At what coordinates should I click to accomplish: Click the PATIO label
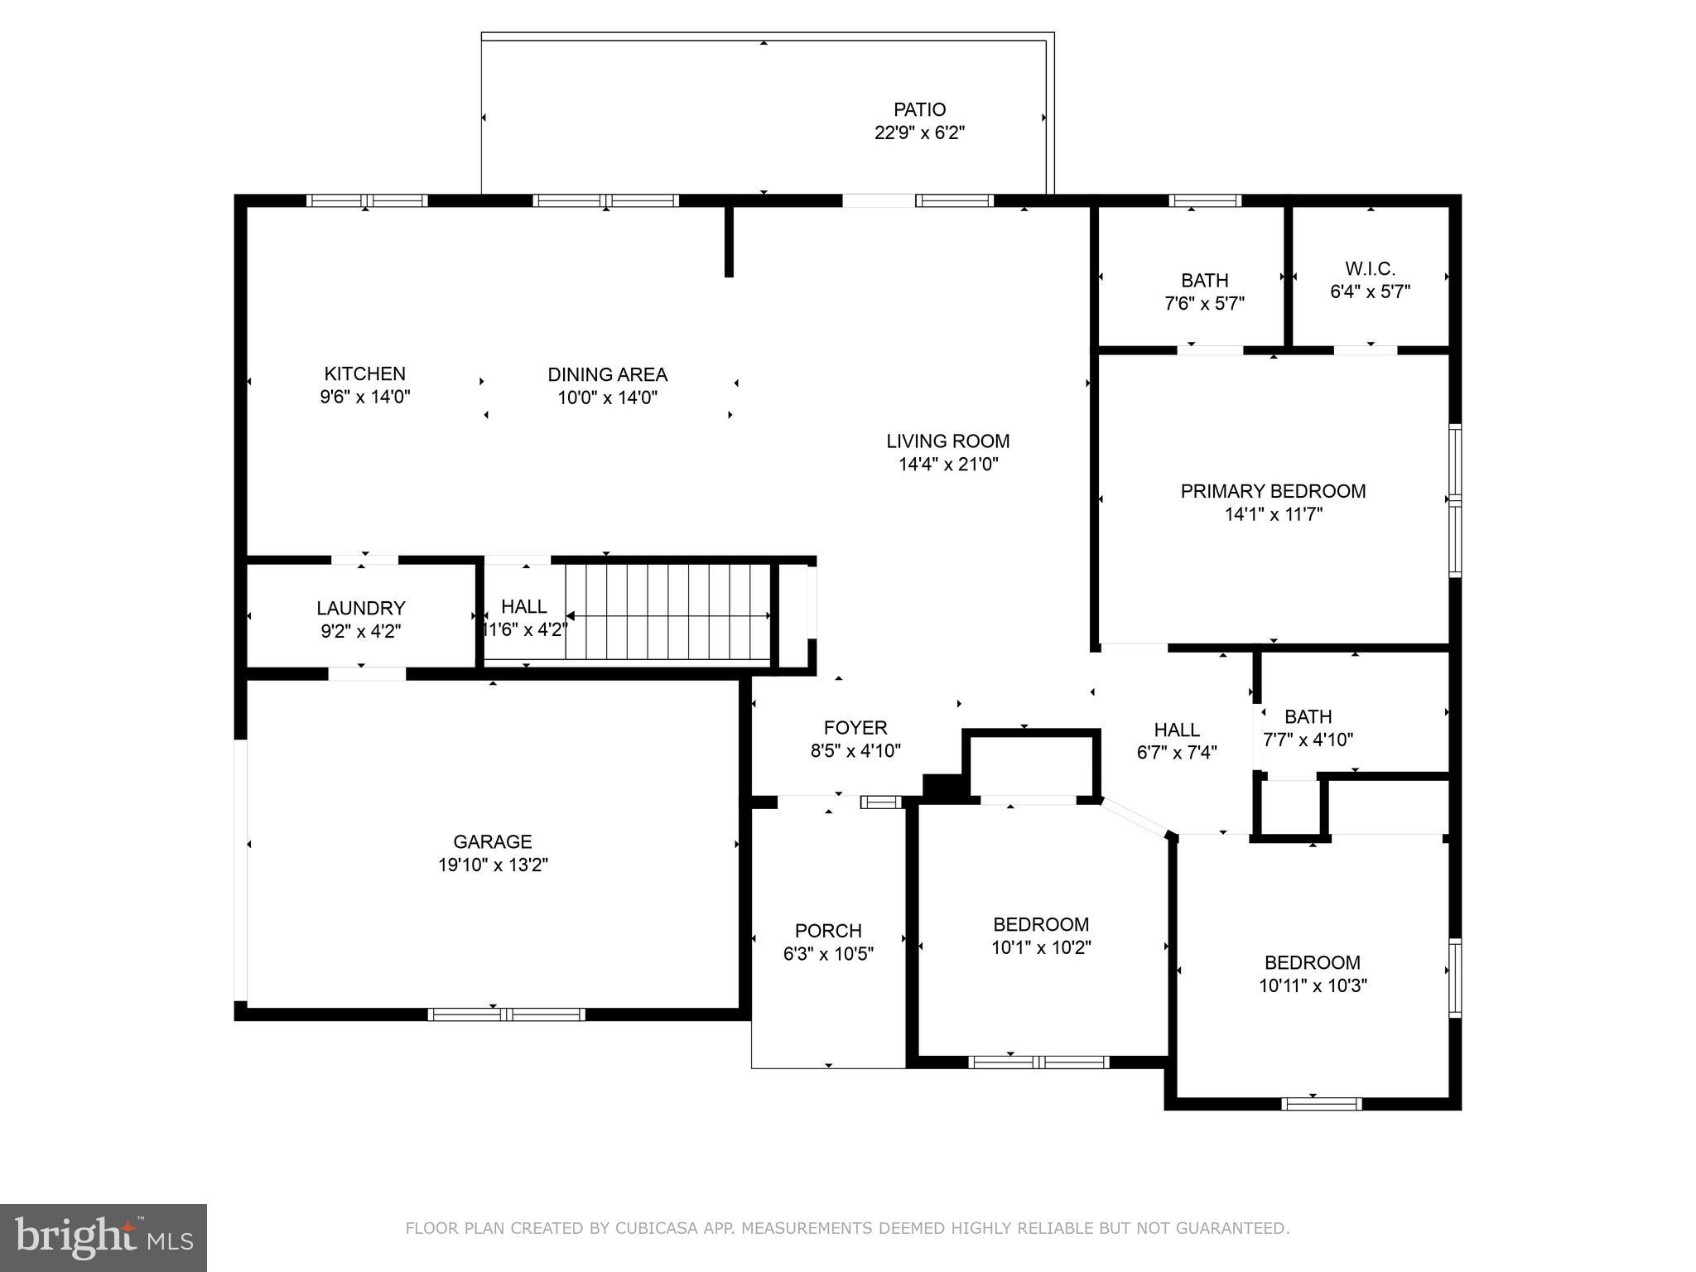click(919, 109)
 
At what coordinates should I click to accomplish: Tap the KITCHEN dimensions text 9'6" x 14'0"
click(365, 397)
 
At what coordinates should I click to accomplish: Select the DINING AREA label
click(607, 374)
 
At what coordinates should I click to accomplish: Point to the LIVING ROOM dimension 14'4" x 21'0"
click(948, 464)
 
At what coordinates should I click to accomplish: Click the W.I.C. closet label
click(1370, 268)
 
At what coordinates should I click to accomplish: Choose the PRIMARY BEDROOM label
click(1273, 491)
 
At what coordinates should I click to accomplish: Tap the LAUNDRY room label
click(360, 609)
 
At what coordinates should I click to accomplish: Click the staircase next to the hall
click(667, 613)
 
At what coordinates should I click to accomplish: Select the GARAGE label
click(493, 841)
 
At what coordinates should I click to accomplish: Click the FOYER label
click(855, 727)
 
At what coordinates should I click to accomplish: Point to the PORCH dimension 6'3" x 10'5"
click(828, 953)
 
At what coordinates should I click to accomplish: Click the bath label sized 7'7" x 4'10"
click(1308, 716)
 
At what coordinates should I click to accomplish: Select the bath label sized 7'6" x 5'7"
click(1204, 280)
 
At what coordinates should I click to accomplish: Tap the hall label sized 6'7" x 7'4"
click(1177, 730)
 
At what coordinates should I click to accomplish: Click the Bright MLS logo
click(104, 1238)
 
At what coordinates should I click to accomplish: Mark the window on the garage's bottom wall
click(506, 1014)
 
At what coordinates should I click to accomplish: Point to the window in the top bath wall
click(1204, 200)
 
